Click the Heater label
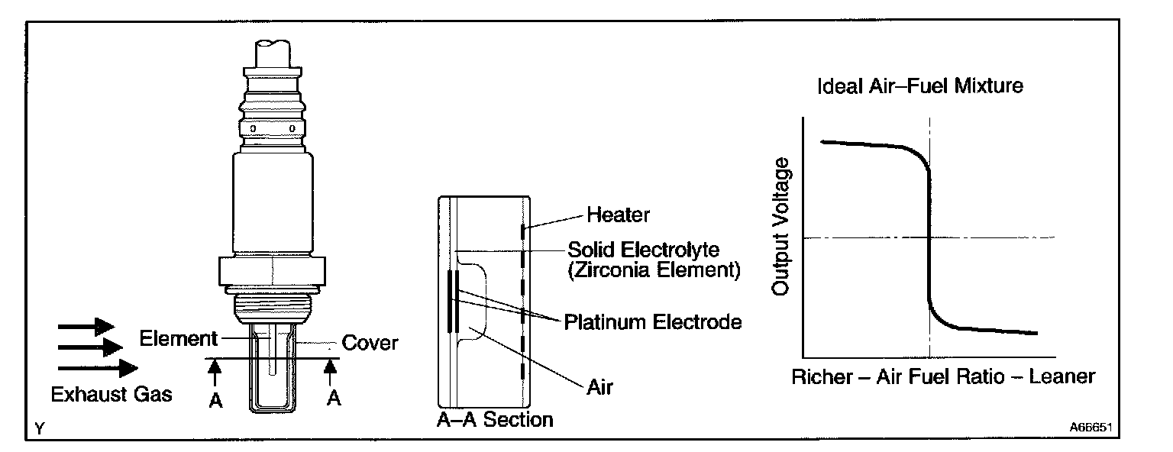click(x=618, y=215)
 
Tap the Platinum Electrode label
click(x=653, y=322)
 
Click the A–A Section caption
click(x=494, y=419)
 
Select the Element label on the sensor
click(x=179, y=338)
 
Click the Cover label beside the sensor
click(x=370, y=343)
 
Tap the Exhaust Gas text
click(x=111, y=395)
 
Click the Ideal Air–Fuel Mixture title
click(x=919, y=86)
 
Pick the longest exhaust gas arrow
click(x=97, y=369)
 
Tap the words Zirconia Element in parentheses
click(x=654, y=270)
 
